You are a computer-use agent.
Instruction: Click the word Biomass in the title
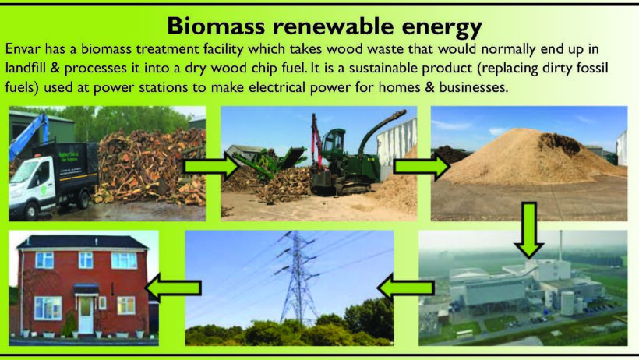217,26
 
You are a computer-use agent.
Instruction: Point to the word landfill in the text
25,68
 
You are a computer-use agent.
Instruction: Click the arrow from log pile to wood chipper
211,166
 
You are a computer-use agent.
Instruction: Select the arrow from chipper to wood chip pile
422,166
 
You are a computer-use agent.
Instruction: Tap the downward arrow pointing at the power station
528,231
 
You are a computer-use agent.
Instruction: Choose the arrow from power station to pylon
405,288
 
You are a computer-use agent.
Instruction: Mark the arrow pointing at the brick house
173,288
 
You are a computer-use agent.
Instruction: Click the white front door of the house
86,314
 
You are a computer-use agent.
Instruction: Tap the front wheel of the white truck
31,211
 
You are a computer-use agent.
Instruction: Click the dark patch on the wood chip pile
558,143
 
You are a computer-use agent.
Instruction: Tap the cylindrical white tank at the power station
567,303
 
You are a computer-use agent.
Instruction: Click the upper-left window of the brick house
44,260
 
